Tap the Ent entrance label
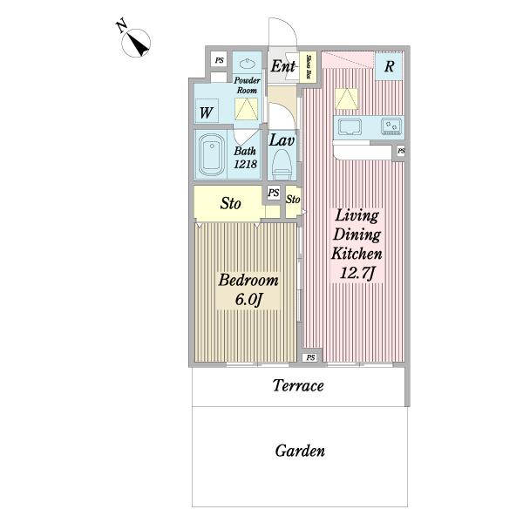(282, 65)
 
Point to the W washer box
(206, 112)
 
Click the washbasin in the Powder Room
(247, 64)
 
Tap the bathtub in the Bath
(211, 155)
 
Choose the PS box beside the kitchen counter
(400, 152)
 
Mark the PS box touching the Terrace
(310, 358)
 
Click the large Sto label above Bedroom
(230, 205)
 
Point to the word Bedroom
(248, 281)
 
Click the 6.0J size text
(248, 301)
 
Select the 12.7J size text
(356, 276)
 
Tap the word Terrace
(298, 385)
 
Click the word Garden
(300, 452)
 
